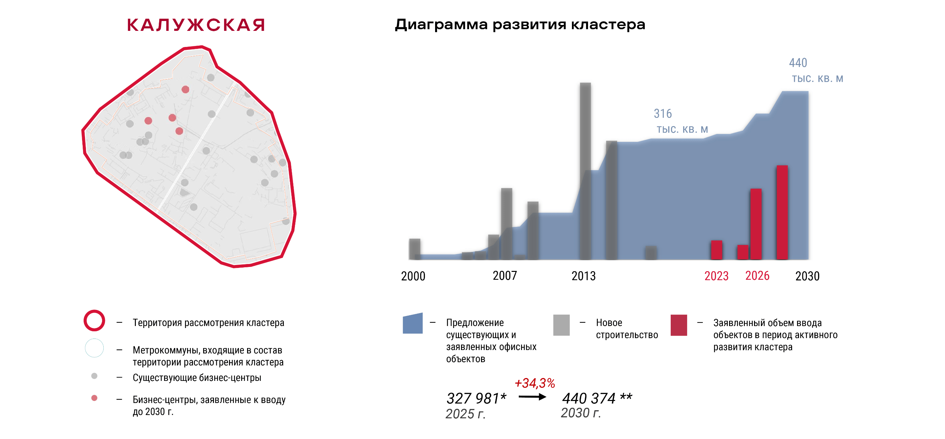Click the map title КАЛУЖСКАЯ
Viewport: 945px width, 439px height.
[x=196, y=25]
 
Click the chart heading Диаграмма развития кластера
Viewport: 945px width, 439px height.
[x=519, y=25]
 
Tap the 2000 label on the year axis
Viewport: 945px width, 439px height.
[x=413, y=276]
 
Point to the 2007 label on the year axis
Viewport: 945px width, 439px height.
[x=504, y=276]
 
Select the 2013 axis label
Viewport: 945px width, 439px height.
[x=583, y=276]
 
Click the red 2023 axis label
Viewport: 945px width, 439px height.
[x=716, y=276]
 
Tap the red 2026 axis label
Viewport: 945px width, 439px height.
[x=757, y=276]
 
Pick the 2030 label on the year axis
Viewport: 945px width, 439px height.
[x=807, y=276]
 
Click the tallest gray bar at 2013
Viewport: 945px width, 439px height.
[x=585, y=147]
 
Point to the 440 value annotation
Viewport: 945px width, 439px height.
[x=798, y=63]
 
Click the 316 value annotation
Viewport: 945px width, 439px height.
[x=662, y=114]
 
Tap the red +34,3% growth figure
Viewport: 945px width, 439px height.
[x=535, y=383]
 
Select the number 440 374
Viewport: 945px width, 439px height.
[x=589, y=398]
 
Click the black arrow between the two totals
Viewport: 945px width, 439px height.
[x=532, y=397]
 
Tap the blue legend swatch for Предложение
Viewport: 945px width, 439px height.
[x=413, y=324]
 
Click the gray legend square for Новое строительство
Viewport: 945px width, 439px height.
[x=561, y=325]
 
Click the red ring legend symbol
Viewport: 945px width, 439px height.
[x=94, y=320]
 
